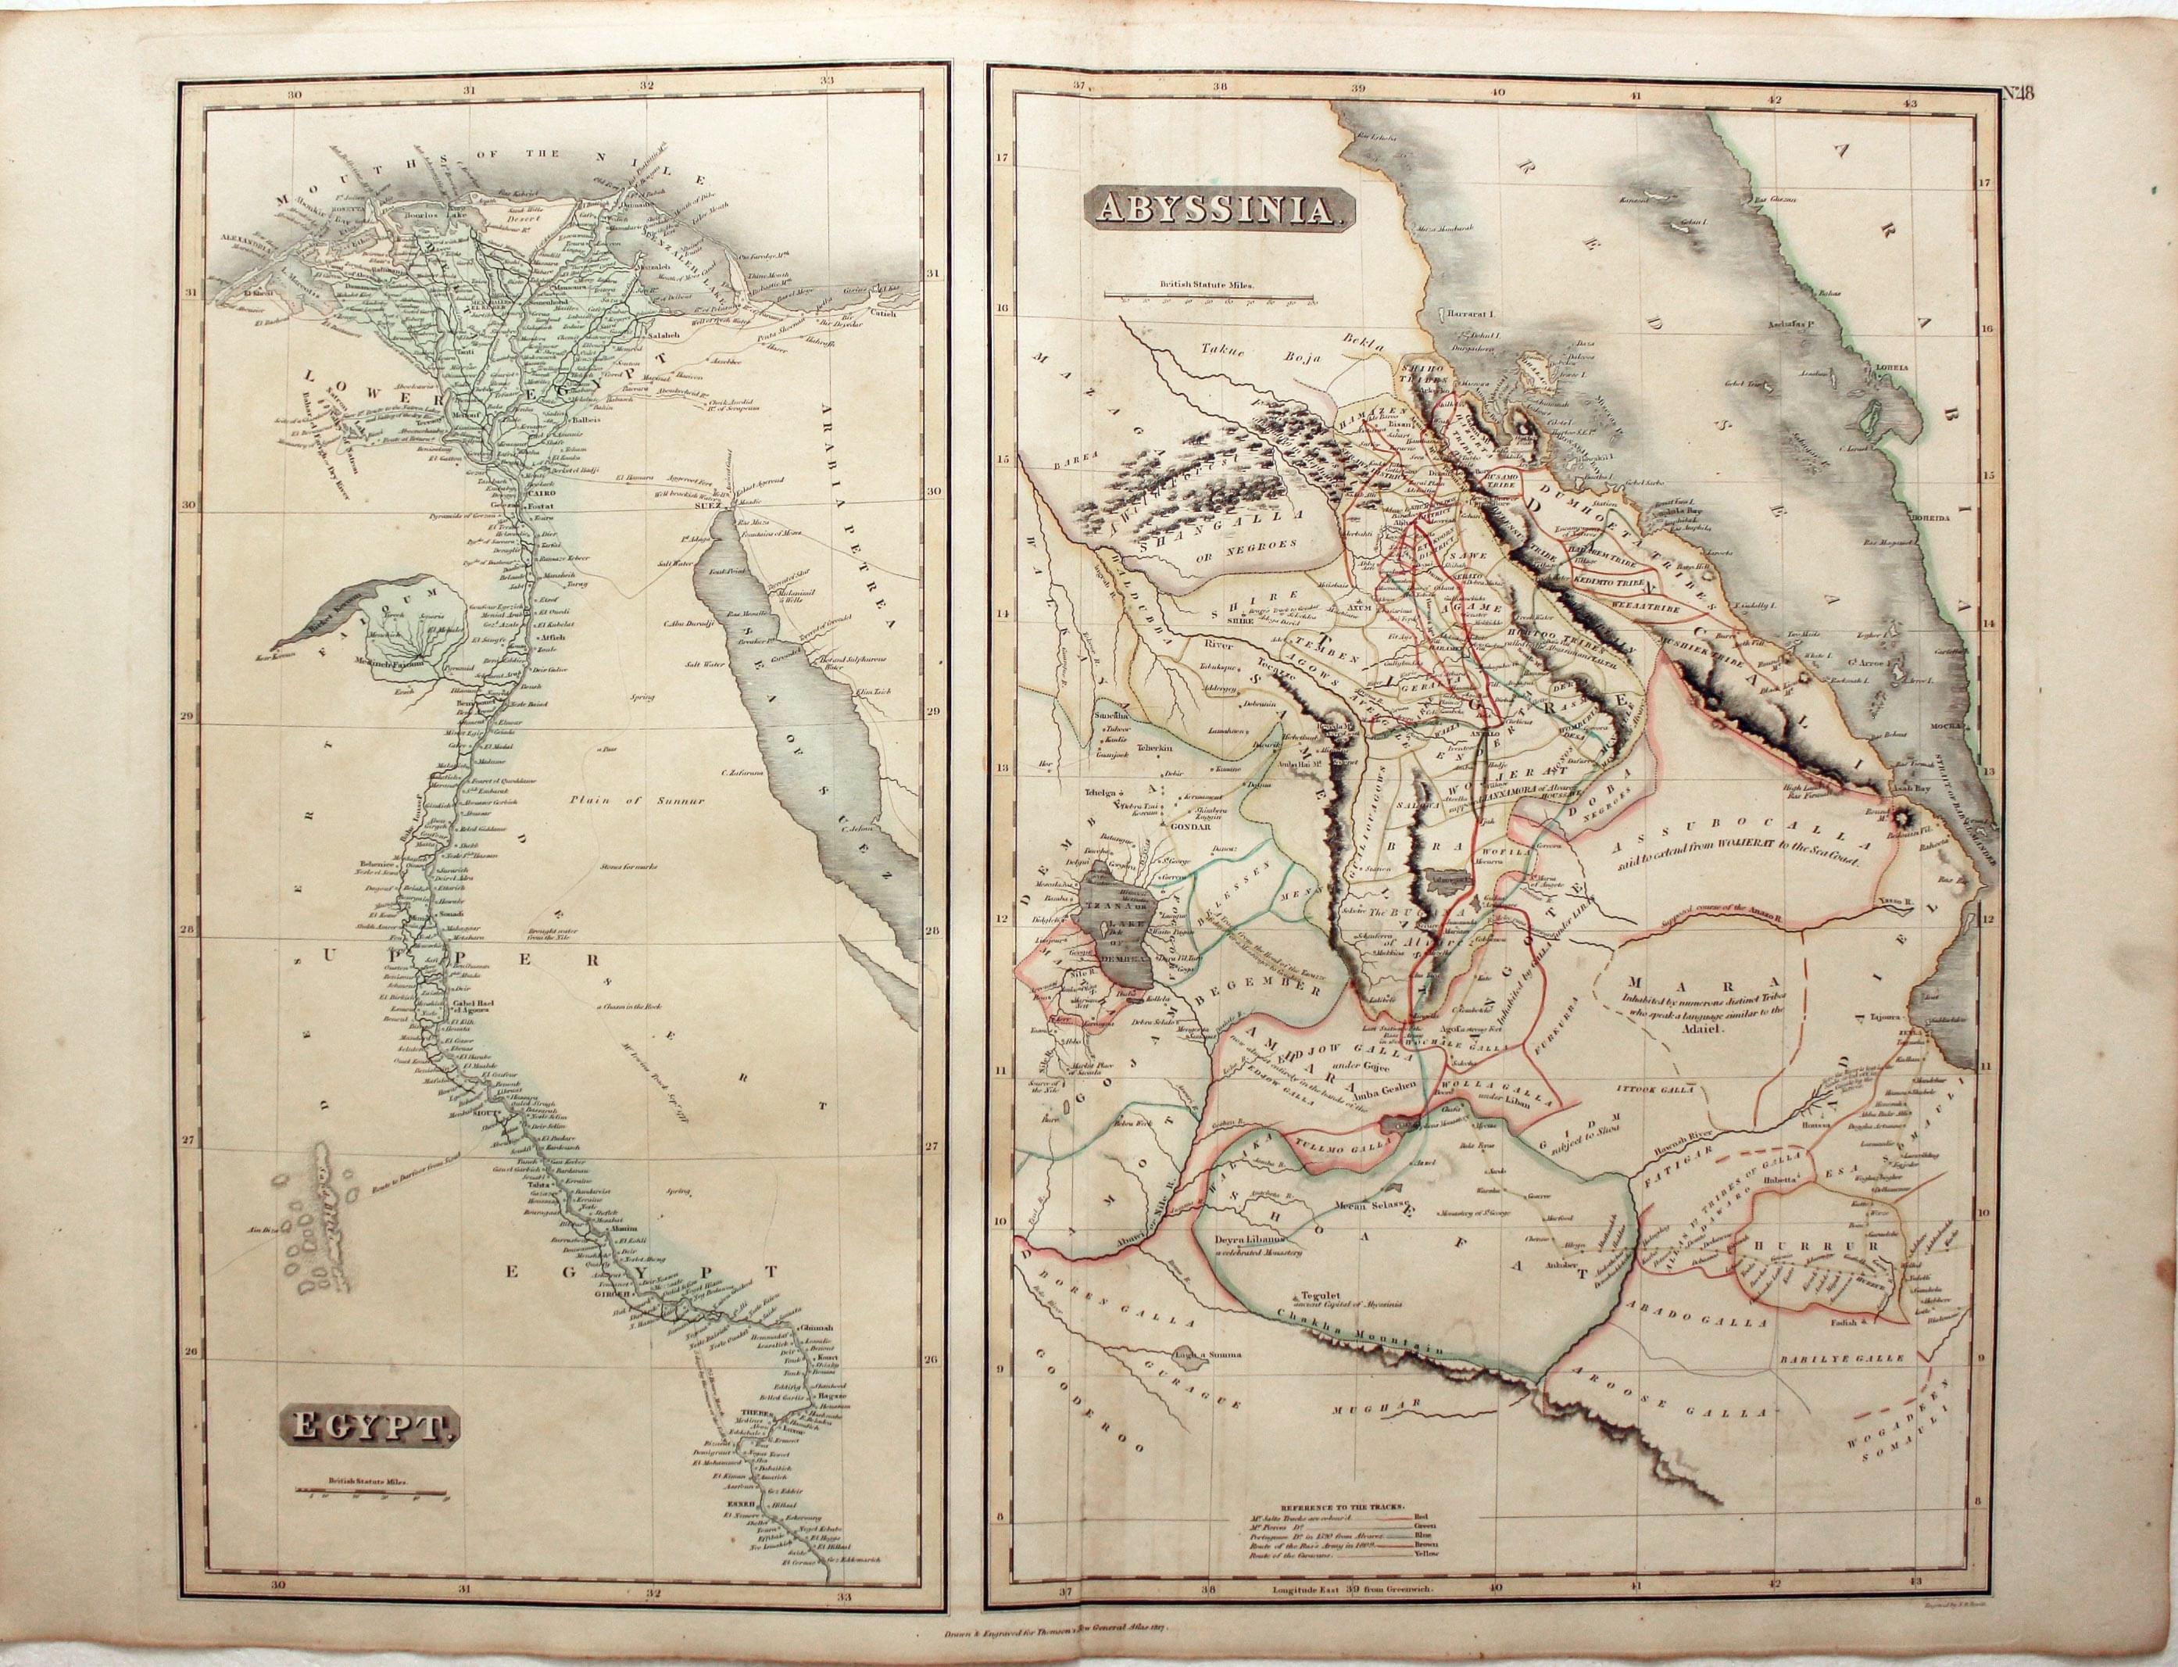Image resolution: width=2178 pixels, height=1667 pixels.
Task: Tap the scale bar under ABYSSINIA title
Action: pyautogui.click(x=1211, y=295)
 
